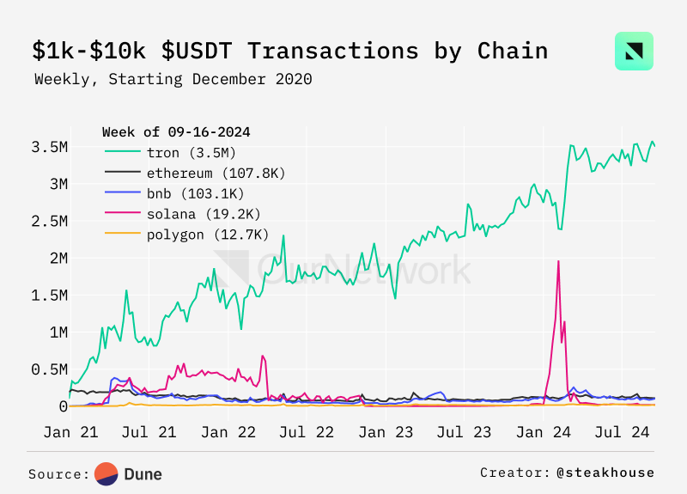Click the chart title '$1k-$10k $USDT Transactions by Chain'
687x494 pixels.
click(x=290, y=51)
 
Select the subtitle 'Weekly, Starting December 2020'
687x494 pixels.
click(x=173, y=79)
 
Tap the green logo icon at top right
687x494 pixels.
click(x=634, y=51)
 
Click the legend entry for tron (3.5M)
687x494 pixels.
click(x=175, y=152)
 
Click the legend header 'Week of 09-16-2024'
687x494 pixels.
click(x=176, y=131)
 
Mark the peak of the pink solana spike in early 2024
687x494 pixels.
click(x=558, y=261)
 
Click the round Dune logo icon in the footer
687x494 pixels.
click(x=106, y=473)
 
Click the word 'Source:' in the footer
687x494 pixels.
click(x=58, y=473)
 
